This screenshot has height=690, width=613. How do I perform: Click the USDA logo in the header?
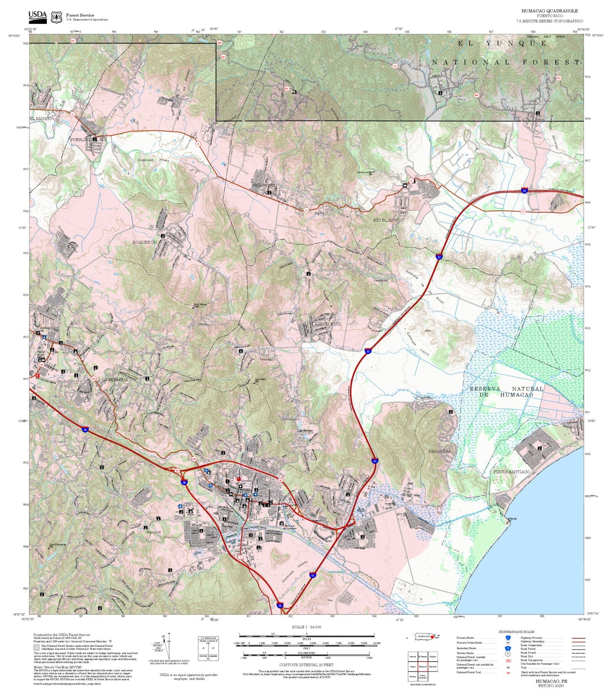37,17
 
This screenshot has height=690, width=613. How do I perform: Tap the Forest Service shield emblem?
56,17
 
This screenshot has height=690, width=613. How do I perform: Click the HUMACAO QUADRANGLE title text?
549,11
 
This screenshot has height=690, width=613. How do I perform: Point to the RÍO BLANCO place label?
386,220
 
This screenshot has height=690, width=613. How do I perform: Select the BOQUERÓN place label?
145,242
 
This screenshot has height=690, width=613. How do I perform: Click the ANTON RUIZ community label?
327,324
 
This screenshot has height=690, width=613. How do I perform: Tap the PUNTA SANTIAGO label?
512,471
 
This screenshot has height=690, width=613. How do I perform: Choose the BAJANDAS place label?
439,451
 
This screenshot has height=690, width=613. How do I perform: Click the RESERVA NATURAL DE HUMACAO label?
506,391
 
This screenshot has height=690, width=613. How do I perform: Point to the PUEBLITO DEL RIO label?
89,139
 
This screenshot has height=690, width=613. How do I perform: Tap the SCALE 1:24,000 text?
306,627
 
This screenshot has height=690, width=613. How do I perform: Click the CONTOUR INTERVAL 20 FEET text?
306,665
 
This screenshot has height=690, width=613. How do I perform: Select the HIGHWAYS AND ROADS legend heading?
516,632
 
